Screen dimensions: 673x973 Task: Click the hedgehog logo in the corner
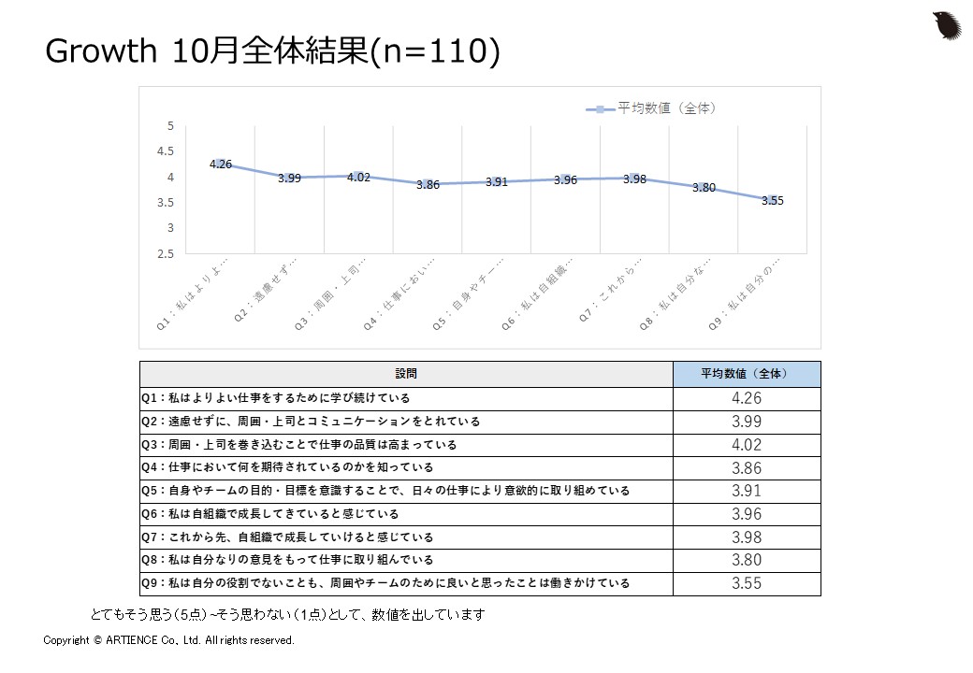(x=948, y=25)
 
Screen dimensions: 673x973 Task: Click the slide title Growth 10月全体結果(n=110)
(x=272, y=52)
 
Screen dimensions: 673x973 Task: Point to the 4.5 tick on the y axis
(x=167, y=151)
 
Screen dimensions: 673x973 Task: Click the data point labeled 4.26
(x=221, y=164)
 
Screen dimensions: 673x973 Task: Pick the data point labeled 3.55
(x=772, y=200)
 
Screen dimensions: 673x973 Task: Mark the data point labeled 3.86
(x=428, y=184)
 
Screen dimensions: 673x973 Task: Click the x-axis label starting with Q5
(x=486, y=299)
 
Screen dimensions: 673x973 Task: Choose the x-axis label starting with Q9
(x=760, y=299)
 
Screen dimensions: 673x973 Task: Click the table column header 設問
(x=406, y=374)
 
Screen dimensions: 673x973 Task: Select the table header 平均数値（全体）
(x=746, y=374)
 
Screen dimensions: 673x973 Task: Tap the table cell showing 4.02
(x=746, y=445)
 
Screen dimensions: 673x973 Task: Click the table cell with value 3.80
(x=746, y=560)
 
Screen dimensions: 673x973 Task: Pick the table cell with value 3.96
(x=746, y=514)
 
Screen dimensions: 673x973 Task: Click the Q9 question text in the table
(x=385, y=583)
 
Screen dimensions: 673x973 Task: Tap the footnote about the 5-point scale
(x=287, y=615)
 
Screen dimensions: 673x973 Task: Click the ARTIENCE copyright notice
(x=169, y=640)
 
